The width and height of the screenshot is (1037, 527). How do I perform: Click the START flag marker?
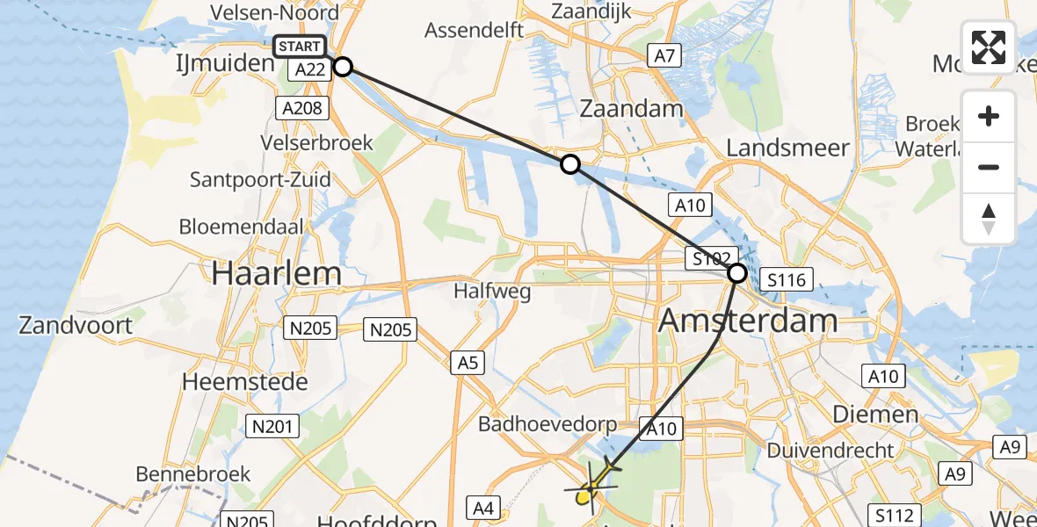pos(300,47)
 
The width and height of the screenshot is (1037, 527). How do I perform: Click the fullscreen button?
pos(989,47)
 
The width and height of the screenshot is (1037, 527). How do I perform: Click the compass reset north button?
pos(989,219)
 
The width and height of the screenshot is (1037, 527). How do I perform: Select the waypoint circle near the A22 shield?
pos(343,67)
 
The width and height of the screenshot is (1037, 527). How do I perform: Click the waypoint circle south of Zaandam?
pos(570,164)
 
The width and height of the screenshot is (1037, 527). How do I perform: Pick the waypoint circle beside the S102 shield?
pos(736,273)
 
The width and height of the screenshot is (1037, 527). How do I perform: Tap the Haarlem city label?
pos(276,273)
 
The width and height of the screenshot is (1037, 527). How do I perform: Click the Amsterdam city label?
pos(747,321)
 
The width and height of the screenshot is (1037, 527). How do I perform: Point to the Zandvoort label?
pos(76,326)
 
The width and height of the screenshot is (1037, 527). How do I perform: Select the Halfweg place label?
pos(493,291)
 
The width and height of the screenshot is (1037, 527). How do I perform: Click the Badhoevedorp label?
pos(548,424)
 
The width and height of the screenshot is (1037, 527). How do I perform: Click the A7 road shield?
pos(664,57)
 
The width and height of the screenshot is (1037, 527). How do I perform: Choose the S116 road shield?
pos(784,280)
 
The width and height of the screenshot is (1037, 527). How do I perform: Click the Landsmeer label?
pos(788,148)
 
